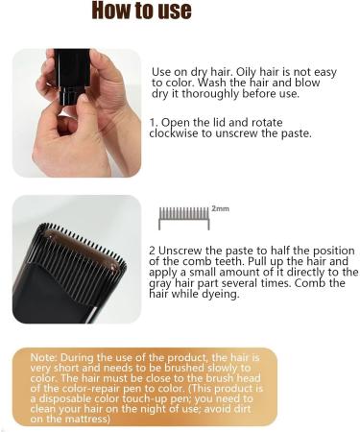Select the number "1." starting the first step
click(x=155, y=123)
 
